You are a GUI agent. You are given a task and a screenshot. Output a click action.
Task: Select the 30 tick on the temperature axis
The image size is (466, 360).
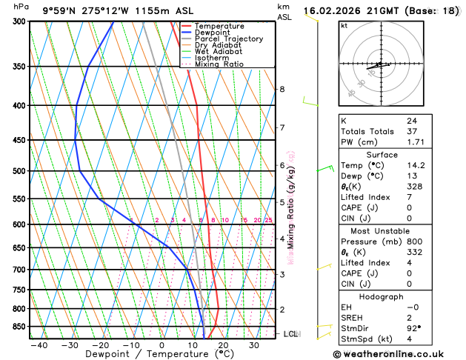tap(254, 345)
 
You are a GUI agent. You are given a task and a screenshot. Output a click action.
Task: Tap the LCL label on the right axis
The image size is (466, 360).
tap(290, 334)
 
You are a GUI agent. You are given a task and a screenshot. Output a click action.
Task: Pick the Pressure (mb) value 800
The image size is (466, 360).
tap(413, 241)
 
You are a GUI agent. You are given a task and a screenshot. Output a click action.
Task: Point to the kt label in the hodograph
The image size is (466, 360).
tap(344, 25)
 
